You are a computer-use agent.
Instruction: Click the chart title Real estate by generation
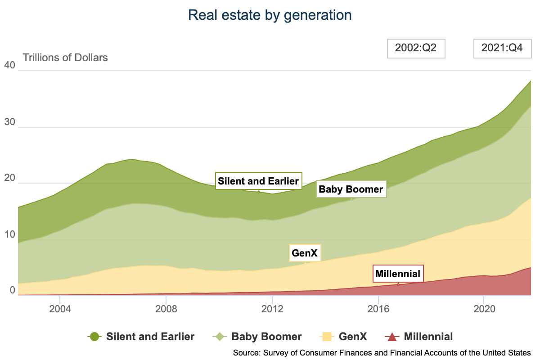pyautogui.click(x=270, y=15)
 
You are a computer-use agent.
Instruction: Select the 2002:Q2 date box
pyautogui.click(x=416, y=49)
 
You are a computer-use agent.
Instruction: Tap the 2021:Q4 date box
pyautogui.click(x=502, y=49)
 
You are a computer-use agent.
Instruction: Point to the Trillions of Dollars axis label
pyautogui.click(x=65, y=58)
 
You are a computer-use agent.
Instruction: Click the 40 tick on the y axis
pyautogui.click(x=9, y=66)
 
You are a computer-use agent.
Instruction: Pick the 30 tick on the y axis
pyautogui.click(x=9, y=122)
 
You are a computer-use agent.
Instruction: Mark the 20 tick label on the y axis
pyautogui.click(x=9, y=179)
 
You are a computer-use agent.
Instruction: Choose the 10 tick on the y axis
pyautogui.click(x=9, y=235)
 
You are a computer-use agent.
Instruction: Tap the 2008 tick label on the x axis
pyautogui.click(x=166, y=310)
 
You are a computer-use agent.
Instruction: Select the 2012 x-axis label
pyautogui.click(x=272, y=310)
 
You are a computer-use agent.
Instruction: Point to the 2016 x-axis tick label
pyautogui.click(x=378, y=310)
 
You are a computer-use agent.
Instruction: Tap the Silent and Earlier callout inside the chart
pyautogui.click(x=258, y=181)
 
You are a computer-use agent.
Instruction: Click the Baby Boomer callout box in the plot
pyautogui.click(x=351, y=189)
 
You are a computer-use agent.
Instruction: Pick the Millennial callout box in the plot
pyautogui.click(x=398, y=274)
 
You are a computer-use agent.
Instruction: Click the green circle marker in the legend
pyautogui.click(x=94, y=337)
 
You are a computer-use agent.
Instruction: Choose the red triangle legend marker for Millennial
pyautogui.click(x=391, y=337)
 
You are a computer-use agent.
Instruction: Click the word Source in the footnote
pyautogui.click(x=246, y=352)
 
